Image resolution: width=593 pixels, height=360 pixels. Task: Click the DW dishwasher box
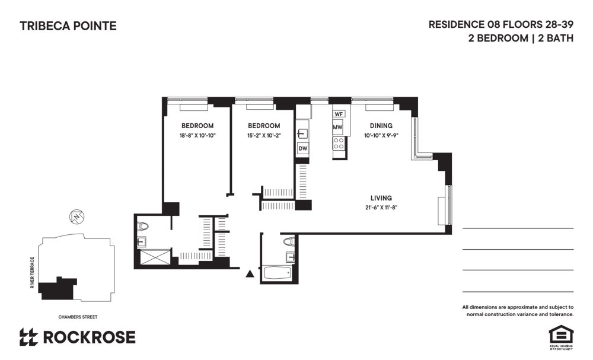tap(303, 148)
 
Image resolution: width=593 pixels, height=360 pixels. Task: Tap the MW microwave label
tap(337, 128)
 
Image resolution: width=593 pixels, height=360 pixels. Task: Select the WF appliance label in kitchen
tap(339, 114)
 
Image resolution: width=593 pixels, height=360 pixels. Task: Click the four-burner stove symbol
tap(339, 144)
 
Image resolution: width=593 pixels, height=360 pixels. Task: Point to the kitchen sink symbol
tap(302, 133)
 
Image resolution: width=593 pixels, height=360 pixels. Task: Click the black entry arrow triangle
tap(250, 274)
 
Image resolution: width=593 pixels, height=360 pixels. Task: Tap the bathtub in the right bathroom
tap(277, 273)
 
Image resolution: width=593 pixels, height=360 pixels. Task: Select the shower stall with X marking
tap(156, 257)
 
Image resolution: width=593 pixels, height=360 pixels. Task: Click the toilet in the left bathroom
tap(144, 227)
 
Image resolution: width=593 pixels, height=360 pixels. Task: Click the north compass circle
tap(76, 216)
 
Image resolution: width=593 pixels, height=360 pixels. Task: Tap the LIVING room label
tap(381, 197)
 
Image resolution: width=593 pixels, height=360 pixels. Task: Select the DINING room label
tap(381, 126)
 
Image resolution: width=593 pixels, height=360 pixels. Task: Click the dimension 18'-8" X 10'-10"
tap(197, 135)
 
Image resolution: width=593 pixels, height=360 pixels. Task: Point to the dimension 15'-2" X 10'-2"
tap(264, 135)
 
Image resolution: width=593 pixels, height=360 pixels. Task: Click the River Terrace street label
tap(32, 273)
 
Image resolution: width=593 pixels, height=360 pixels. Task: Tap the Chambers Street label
tap(78, 317)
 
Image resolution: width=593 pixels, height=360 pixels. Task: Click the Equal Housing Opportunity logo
tap(561, 337)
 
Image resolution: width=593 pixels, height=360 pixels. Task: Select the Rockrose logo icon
tap(28, 337)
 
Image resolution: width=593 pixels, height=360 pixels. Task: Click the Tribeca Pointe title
tap(68, 26)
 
